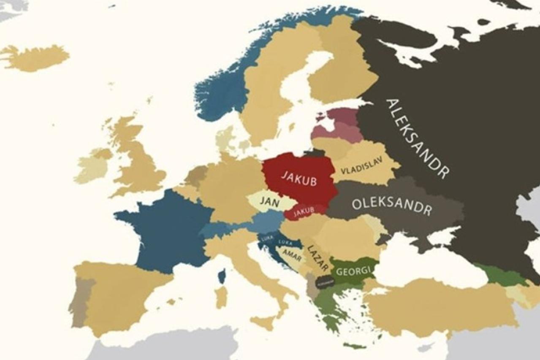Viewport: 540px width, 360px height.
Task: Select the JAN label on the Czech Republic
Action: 269,202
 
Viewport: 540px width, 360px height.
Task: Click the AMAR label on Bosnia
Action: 292,254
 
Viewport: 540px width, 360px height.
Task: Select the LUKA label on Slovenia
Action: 267,238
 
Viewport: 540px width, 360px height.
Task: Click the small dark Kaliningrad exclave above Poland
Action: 315,153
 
